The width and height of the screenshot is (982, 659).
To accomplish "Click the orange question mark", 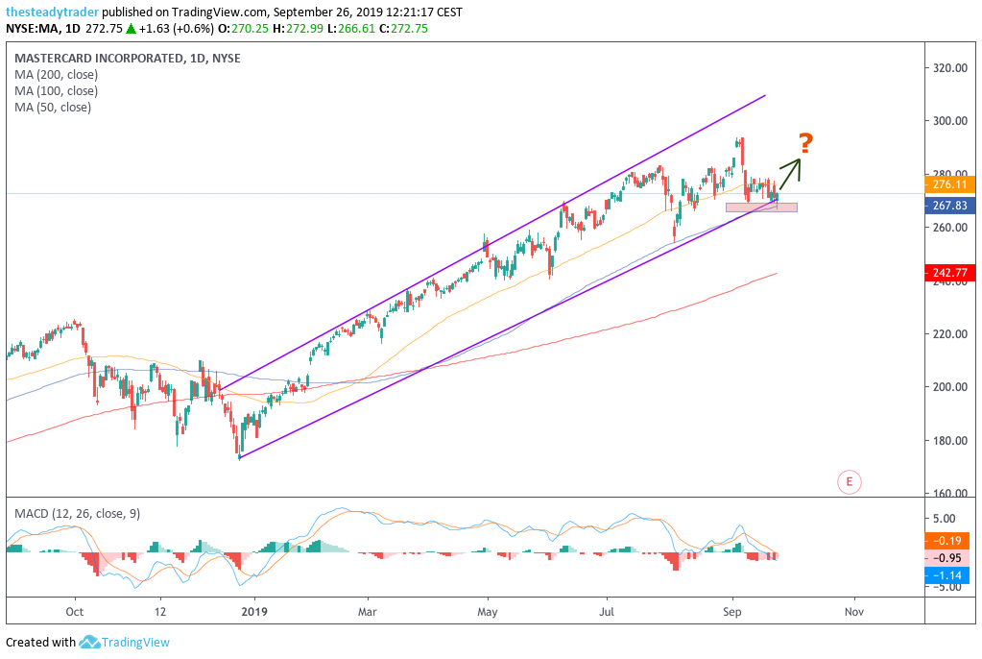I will [806, 144].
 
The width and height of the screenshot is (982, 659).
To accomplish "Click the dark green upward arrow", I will [789, 174].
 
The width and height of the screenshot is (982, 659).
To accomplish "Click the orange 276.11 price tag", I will [949, 183].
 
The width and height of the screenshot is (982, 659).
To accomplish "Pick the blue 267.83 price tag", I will [949, 205].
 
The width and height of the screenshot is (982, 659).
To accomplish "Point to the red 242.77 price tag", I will [949, 274].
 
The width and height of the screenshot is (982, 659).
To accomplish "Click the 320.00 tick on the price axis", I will [948, 68].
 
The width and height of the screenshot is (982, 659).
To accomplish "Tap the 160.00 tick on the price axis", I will [948, 494].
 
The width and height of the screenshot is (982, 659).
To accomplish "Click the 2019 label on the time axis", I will [253, 610].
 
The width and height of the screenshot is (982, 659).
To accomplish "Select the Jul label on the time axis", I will [607, 610].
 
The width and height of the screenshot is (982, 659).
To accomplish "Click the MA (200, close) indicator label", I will [56, 74].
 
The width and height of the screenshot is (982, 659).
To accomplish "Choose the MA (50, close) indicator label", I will [53, 107].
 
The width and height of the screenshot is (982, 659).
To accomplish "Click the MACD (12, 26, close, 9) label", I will [77, 514].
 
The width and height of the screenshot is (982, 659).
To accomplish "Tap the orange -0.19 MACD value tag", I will [949, 540].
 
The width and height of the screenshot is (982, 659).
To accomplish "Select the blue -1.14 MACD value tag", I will [949, 574].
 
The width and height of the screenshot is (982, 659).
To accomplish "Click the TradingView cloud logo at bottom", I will [90, 642].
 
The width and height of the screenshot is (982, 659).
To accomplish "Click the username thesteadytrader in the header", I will [50, 12].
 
